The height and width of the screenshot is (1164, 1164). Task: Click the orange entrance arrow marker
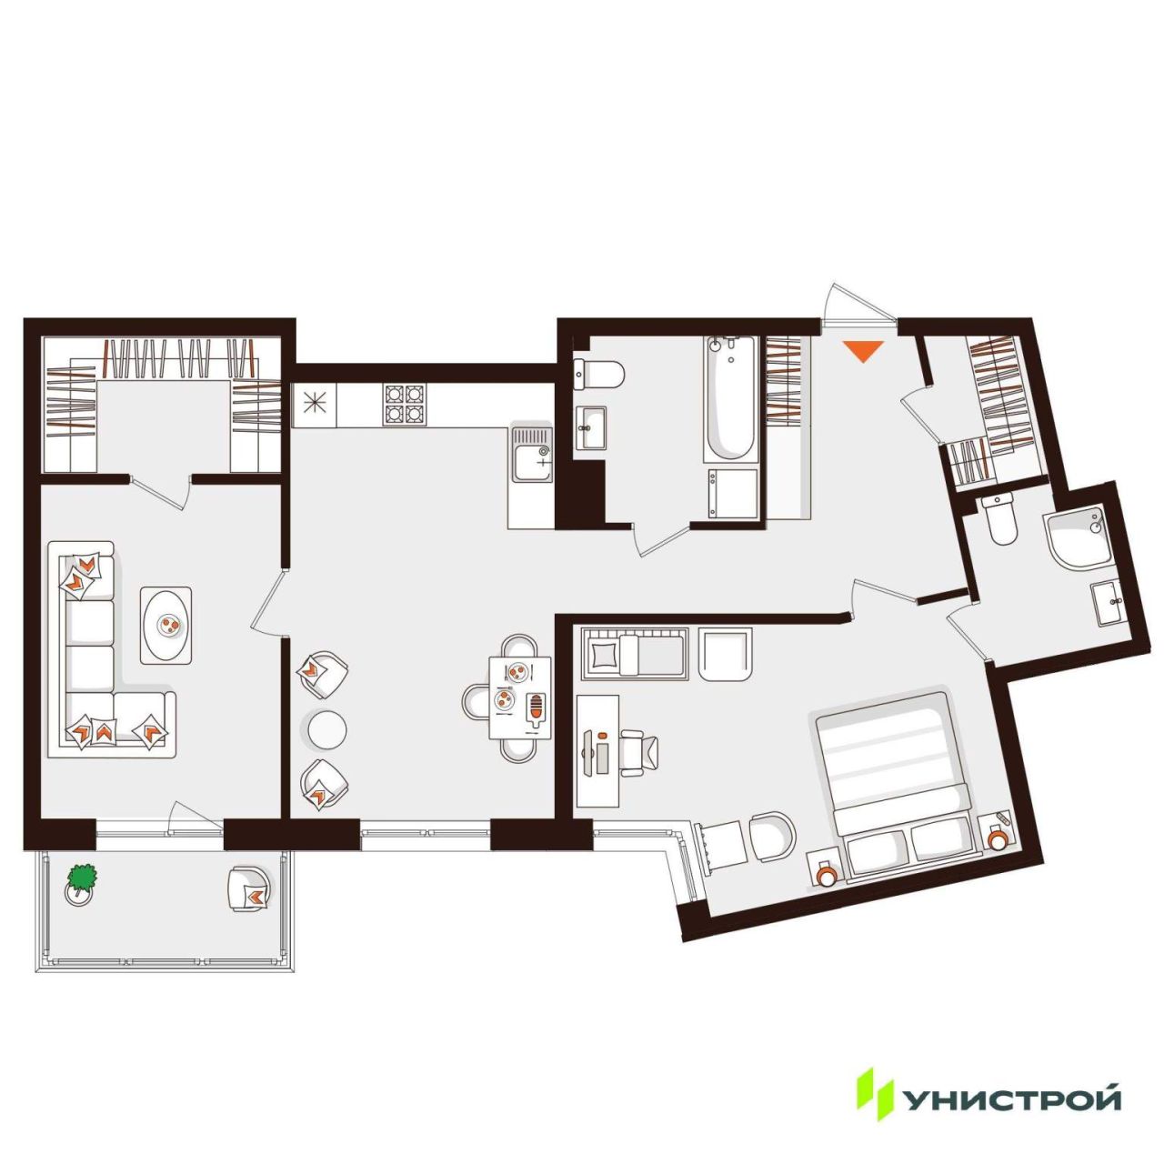[864, 350]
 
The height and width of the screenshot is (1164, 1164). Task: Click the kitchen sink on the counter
[532, 455]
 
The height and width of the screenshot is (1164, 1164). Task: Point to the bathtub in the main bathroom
[730, 398]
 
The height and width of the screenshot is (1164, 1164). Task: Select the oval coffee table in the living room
[166, 625]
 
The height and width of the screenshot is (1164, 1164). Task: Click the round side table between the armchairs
[326, 730]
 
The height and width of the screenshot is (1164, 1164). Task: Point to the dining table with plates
[520, 697]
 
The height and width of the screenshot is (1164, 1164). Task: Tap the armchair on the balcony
[249, 889]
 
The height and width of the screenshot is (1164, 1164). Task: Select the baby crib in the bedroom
[634, 654]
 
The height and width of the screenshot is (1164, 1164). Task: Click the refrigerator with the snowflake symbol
[315, 404]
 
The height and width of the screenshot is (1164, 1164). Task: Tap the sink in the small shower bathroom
[1108, 603]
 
